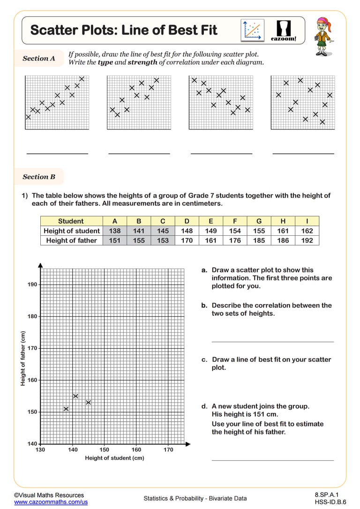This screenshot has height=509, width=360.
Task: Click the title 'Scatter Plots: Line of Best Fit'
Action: pos(124,30)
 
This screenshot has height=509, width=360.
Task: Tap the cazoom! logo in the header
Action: pos(284,30)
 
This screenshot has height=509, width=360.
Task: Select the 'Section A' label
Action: pos(39,59)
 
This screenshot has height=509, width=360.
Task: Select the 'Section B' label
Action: pos(39,177)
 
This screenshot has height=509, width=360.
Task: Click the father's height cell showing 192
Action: pos(307,240)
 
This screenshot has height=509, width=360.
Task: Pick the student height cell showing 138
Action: pos(114,231)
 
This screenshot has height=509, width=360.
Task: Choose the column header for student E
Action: pos(211,221)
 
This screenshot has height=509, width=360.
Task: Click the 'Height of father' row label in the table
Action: pos(71,240)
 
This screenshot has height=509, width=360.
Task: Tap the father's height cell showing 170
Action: pos(187,240)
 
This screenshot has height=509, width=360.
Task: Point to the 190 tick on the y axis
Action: pos(32,284)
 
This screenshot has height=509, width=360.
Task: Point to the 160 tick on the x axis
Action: pos(136,450)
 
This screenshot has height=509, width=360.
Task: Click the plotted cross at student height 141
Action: pos(75,396)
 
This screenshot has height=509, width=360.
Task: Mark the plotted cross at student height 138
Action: pos(66,409)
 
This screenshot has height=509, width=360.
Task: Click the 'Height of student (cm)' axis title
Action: pos(114,458)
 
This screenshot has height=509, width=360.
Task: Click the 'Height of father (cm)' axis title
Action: pos(22,359)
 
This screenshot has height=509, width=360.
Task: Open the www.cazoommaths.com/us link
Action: pos(51,502)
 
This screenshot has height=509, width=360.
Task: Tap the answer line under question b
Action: pos(273,342)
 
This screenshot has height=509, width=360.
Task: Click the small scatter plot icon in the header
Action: pos(253,30)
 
